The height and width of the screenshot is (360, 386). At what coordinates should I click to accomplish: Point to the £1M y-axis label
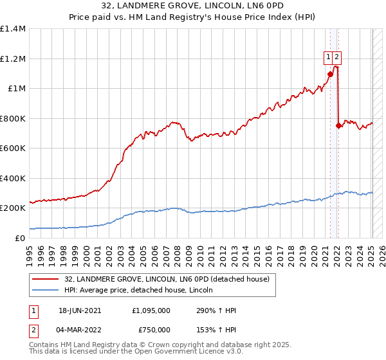pyautogui.click(x=17, y=88)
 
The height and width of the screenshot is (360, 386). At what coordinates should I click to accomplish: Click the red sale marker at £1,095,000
pyautogui.click(x=330, y=74)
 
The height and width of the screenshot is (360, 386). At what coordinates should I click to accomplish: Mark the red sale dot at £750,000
pyautogui.click(x=338, y=125)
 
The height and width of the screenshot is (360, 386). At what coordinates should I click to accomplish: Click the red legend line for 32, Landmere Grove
pyautogui.click(x=46, y=279)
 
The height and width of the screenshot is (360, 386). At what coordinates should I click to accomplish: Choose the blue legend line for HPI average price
pyautogui.click(x=46, y=290)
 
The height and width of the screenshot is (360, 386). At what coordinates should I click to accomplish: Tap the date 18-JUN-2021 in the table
pyautogui.click(x=80, y=310)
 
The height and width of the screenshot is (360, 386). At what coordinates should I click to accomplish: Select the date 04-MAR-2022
pyautogui.click(x=80, y=329)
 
